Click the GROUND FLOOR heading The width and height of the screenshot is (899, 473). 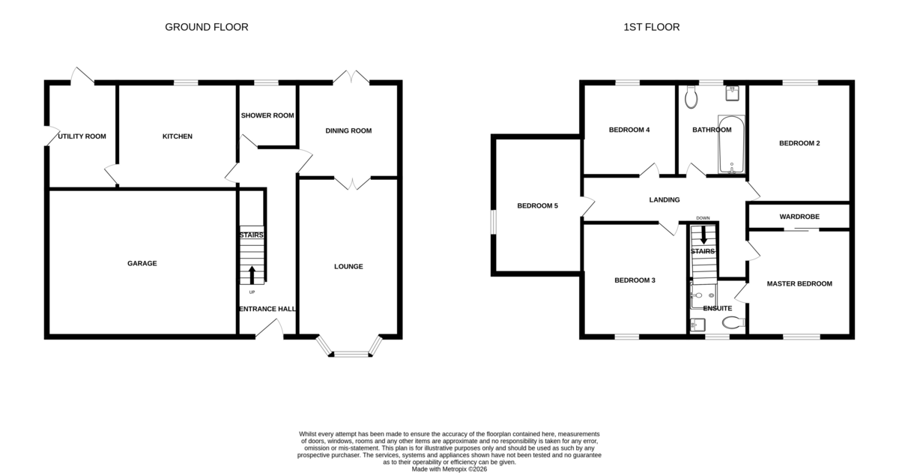pos(207,27)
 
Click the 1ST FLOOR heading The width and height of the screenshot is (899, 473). pos(651,27)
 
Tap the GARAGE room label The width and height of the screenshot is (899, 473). pos(142,263)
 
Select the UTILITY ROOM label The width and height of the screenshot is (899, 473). pos(82,136)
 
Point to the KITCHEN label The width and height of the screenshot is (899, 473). pos(178,136)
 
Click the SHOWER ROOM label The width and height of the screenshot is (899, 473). pos(267,115)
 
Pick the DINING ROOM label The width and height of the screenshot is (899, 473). pos(348,131)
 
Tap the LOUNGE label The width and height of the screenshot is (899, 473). pos(348,267)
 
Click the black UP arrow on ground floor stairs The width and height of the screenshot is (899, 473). pos(252,275)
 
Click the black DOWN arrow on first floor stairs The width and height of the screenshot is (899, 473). pos(703,235)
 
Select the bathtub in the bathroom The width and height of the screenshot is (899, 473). pos(731,145)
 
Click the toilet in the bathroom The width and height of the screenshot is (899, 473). pos(691,97)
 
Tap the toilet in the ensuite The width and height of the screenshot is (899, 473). pos(733,322)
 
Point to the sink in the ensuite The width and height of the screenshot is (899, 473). pos(697,325)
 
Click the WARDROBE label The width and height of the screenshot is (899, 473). pos(799,217)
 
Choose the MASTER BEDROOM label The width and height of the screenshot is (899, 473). pos(799,284)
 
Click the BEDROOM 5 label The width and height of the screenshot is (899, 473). pos(537,206)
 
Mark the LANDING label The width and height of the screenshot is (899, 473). pos(665,200)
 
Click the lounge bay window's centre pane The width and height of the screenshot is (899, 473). pos(351,354)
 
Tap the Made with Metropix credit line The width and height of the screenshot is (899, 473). pos(449,469)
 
